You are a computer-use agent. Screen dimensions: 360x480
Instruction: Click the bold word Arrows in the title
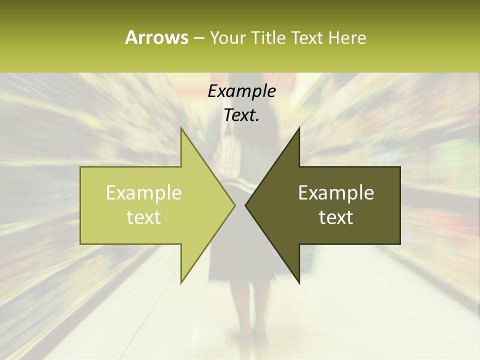(156, 37)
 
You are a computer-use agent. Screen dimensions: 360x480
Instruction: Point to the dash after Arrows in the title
(198, 38)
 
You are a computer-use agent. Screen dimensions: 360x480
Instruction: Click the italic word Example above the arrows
(241, 91)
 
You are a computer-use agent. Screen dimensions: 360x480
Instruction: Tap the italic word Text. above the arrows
(241, 115)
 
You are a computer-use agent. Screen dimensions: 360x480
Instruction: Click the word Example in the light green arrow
(144, 192)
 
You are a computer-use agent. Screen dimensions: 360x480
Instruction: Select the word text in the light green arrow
(144, 217)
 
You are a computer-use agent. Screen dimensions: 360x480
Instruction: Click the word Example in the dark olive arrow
(336, 192)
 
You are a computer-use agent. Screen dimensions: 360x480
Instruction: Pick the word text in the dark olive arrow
(336, 217)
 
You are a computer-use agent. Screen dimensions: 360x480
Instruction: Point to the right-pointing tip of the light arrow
(235, 205)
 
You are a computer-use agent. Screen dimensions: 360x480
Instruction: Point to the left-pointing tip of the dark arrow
(245, 205)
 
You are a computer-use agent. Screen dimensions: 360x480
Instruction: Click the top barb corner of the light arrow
(181, 128)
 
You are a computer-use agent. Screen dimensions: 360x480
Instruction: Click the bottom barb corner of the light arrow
(181, 283)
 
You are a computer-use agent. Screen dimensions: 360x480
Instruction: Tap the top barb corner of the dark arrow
(299, 128)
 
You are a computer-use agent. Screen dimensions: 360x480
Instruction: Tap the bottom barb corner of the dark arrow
(299, 283)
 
